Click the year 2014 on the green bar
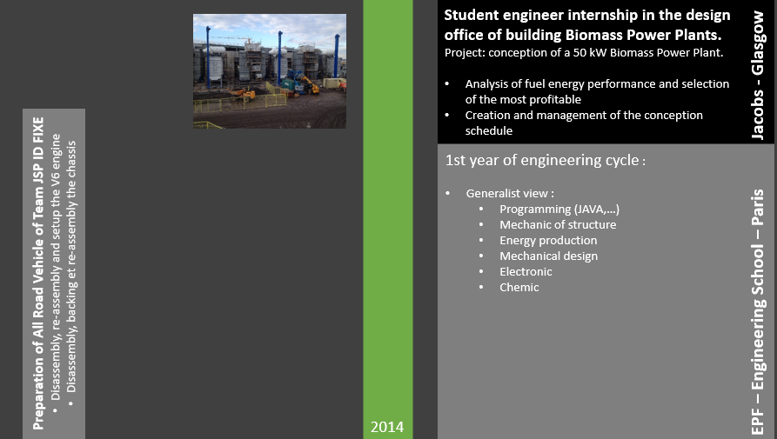click(x=387, y=427)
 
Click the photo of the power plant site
click(x=269, y=71)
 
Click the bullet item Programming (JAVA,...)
click(x=559, y=209)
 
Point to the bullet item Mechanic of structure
click(x=558, y=224)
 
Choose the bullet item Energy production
click(x=548, y=240)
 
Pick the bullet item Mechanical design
click(x=548, y=256)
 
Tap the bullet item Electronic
click(x=526, y=271)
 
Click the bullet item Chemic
click(x=519, y=287)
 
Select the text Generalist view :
click(x=510, y=193)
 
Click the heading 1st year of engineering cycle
click(x=546, y=161)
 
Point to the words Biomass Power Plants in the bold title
click(x=644, y=35)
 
